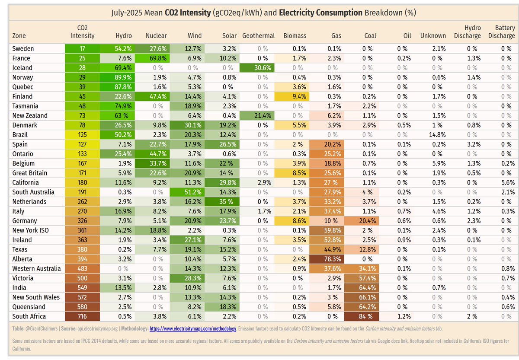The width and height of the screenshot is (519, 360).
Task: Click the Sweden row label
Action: coord(23,49)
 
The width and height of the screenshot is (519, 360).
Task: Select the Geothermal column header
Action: coord(258,35)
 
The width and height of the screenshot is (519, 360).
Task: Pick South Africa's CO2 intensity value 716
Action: coord(82,316)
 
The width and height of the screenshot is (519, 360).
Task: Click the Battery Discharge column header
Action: coord(501,32)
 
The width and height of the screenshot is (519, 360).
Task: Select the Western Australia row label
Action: coord(36,268)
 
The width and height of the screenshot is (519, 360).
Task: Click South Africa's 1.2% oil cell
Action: coord(402,316)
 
